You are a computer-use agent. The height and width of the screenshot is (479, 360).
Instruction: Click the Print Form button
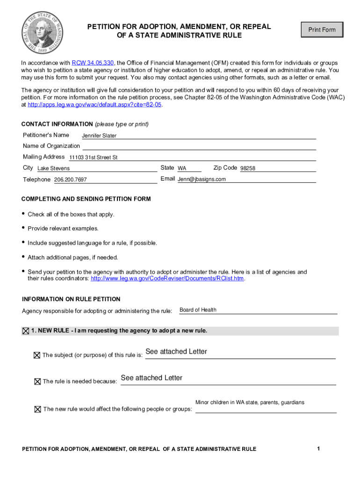coord(322,30)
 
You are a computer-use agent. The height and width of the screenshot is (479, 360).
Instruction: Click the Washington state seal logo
coord(42,32)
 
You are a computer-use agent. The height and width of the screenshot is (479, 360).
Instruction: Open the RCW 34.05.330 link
coord(93,63)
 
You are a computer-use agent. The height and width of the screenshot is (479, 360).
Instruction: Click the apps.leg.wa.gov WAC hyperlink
coord(95,105)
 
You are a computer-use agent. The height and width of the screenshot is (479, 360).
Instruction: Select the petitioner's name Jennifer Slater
coord(99,136)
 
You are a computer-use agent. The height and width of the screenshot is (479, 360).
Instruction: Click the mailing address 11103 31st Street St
coord(93,158)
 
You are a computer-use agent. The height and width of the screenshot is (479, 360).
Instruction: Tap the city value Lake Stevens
coord(53,168)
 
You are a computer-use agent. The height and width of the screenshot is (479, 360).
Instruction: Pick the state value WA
coord(182,168)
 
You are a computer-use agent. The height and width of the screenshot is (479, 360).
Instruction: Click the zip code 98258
coord(248,168)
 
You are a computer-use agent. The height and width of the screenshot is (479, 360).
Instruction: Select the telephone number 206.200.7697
coord(70,180)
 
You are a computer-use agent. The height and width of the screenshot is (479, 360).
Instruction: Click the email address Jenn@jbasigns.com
coord(202,179)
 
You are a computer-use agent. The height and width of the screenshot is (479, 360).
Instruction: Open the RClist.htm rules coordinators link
coord(167,279)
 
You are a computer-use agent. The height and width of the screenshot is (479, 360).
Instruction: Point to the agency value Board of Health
coord(198,310)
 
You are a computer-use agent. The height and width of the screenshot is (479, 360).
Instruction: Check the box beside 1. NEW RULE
coord(25,331)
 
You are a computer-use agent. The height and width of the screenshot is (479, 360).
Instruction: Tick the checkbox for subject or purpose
coord(37,355)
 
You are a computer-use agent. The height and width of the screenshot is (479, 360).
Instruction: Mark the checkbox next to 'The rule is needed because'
coord(37,381)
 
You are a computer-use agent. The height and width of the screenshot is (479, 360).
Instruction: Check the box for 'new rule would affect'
coord(37,409)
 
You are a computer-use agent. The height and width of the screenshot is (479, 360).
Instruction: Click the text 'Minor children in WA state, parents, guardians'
coord(250,402)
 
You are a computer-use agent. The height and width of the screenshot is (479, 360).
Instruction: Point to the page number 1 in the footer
coord(318,449)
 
